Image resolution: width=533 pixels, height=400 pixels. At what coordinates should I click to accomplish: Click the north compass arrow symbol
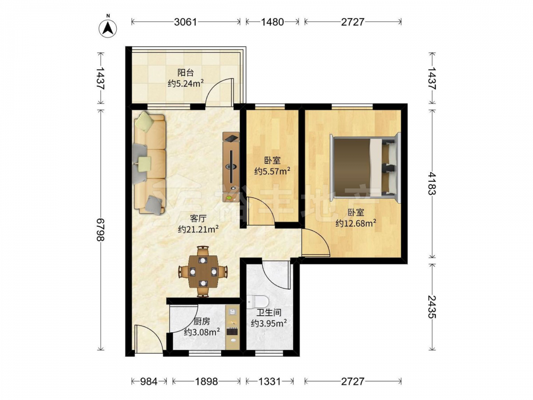pos(108,28)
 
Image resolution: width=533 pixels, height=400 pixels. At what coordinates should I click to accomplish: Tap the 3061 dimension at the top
pos(185,22)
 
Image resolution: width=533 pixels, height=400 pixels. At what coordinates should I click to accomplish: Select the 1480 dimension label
pos(272,22)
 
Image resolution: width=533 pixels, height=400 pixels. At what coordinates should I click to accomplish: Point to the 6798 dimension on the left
pos(100,229)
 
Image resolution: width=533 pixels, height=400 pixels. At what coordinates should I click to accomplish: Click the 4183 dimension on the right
pos(432,183)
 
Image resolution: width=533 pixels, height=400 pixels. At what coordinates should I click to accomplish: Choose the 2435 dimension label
pos(432,307)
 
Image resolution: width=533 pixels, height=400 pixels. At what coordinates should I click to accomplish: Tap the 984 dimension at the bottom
pos(149,382)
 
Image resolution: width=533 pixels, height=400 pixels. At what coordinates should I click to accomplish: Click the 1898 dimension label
pos(206,382)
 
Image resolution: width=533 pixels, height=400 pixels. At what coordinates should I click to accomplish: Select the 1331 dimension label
pos(270,382)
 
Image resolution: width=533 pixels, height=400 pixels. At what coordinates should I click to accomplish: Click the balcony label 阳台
pos(185,73)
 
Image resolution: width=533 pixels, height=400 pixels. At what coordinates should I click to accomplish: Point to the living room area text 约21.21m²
pos(198,229)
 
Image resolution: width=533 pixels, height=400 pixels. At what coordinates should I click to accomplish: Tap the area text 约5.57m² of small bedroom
pos(272,171)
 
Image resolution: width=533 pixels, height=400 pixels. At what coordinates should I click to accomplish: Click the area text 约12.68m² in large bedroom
pos(356,223)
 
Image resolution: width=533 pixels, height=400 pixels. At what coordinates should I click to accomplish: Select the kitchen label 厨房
pos(201,321)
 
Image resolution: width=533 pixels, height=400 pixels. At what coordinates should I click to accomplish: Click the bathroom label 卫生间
pos(269,312)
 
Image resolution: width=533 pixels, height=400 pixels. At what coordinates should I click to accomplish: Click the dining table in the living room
pos(203,271)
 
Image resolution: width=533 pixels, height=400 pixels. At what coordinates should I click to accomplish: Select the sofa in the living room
pos(150,163)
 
